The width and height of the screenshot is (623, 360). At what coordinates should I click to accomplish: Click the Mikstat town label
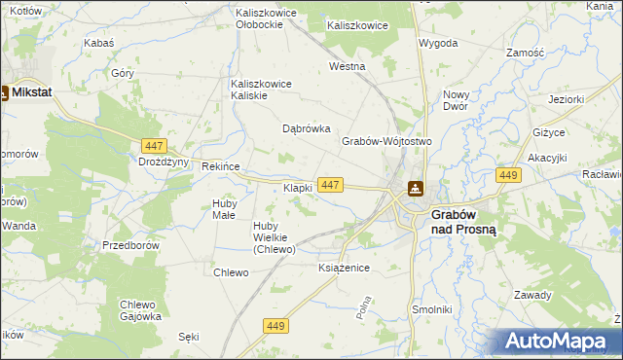(31, 92)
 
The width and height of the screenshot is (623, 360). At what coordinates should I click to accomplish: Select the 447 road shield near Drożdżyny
(152, 145)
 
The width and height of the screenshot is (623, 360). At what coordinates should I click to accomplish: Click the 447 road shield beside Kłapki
(330, 184)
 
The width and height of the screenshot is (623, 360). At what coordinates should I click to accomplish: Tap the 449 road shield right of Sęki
(275, 325)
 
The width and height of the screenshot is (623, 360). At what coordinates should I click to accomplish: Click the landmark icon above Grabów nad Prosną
(416, 189)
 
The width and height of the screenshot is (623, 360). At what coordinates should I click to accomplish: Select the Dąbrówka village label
(307, 128)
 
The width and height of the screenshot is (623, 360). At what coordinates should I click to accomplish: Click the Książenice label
(345, 268)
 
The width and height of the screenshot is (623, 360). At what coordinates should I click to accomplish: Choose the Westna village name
(347, 67)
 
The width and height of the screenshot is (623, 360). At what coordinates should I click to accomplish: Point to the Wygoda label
(438, 44)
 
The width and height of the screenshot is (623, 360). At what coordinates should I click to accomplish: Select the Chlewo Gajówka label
(140, 309)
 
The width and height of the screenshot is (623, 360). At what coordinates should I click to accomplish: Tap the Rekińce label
(220, 166)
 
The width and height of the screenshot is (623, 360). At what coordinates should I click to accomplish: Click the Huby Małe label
(224, 208)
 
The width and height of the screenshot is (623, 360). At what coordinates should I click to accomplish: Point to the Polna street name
(365, 310)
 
